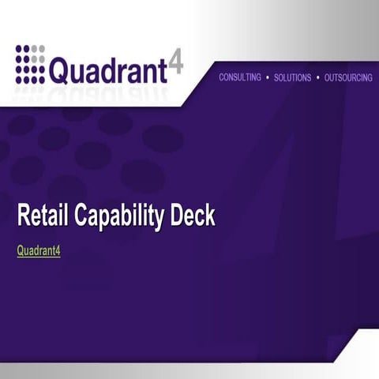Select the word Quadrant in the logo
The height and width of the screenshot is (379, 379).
pos(109,70)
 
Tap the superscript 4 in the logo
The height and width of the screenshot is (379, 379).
pos(177,62)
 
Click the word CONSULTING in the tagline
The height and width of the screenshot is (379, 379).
pos(239,78)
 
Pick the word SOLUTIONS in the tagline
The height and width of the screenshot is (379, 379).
pos(292,78)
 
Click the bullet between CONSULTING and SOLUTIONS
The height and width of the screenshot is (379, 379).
pos(268,78)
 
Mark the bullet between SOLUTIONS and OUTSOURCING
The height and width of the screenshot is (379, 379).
pos(317,78)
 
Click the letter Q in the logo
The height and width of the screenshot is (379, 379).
pos(60,71)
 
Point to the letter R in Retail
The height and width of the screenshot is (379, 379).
pos(24,216)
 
